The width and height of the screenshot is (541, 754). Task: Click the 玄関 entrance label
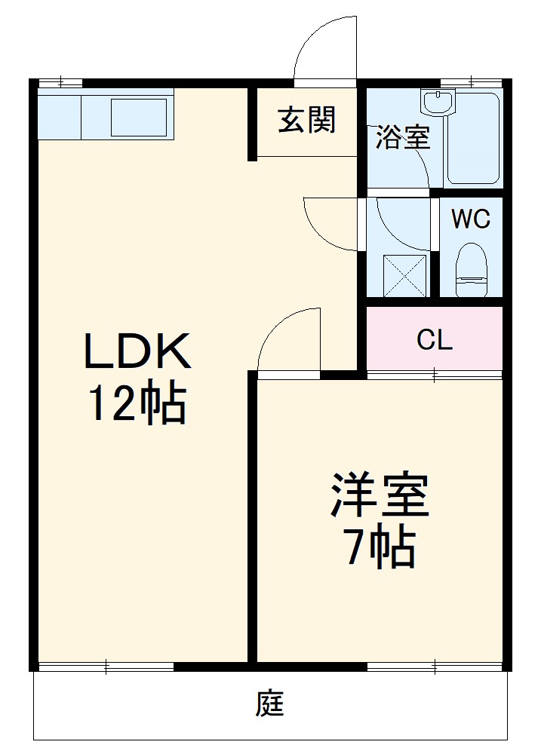306,121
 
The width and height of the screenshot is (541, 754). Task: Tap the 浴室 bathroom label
403,139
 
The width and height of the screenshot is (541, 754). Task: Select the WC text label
471,219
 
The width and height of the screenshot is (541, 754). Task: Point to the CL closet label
435,340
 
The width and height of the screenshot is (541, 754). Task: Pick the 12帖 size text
137,404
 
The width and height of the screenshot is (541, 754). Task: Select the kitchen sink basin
139,117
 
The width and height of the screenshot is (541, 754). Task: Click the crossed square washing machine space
404,276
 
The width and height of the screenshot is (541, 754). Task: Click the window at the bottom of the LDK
106,667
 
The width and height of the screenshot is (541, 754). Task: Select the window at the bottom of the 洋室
435,667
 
